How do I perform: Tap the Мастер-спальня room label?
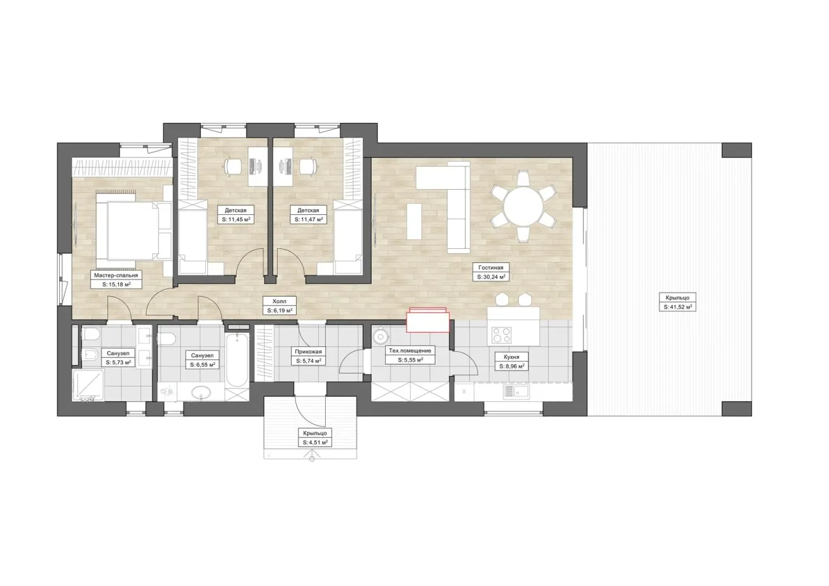pyautogui.click(x=116, y=275)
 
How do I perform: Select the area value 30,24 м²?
pyautogui.click(x=491, y=277)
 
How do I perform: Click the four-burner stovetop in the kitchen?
pyautogui.click(x=501, y=335)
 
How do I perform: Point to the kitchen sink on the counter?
pyautogui.click(x=517, y=392)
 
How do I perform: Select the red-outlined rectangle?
pyautogui.click(x=428, y=321)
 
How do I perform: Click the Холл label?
pyautogui.click(x=280, y=301)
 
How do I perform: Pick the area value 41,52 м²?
pyautogui.click(x=678, y=307)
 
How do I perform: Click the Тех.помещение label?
pyautogui.click(x=410, y=350)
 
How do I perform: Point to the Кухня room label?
pyautogui.click(x=511, y=357)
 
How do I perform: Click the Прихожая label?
pyautogui.click(x=308, y=352)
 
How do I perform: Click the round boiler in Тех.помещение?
pyautogui.click(x=380, y=335)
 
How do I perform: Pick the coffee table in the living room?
pyautogui.click(x=414, y=221)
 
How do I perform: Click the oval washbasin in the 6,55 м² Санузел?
pyautogui.click(x=201, y=392)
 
